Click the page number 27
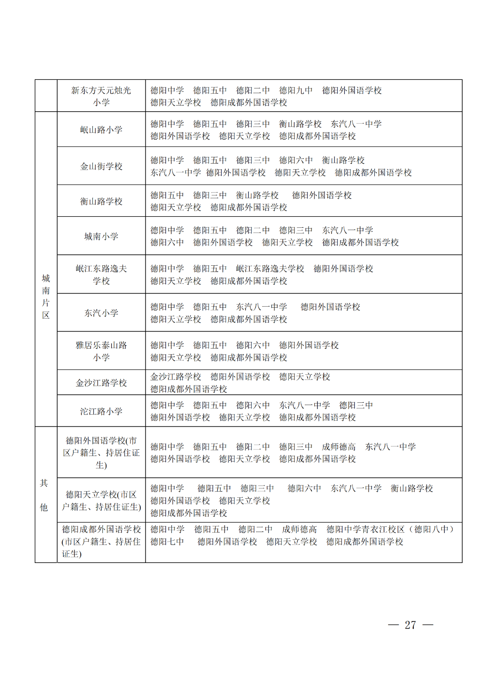pos(410,625)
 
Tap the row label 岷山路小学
pos(101,130)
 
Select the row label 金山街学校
pos(101,166)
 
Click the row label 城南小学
pos(101,236)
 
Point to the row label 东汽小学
pos(101,313)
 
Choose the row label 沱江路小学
pos(101,411)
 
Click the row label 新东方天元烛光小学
pos(101,96)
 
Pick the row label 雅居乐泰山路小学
pos(101,351)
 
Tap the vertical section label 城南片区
pos(46,296)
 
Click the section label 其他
pos(44,495)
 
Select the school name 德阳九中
pos(296,90)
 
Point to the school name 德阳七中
pos(167,542)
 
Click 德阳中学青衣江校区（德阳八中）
pos(390,529)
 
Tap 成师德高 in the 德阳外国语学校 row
pos(339,447)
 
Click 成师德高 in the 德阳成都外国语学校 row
pos(299,529)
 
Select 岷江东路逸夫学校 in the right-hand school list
pos(270,269)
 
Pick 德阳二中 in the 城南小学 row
pos(253,230)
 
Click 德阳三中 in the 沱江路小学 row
pos(356,405)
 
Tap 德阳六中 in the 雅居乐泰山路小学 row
pos(253,345)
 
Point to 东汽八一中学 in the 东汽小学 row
pos(262,307)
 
